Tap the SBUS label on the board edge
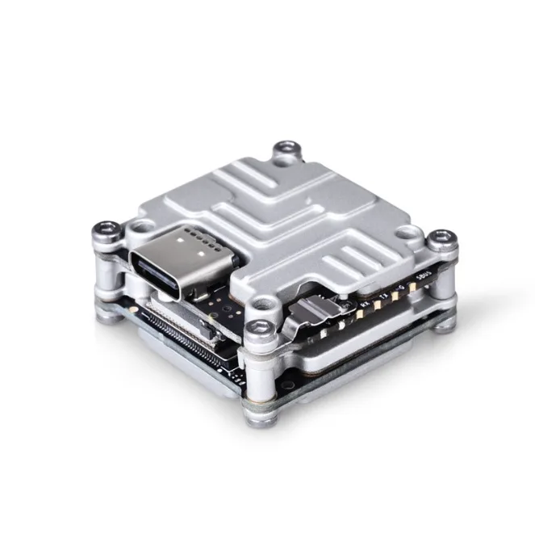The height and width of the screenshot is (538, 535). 416,284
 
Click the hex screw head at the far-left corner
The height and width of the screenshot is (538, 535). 106,229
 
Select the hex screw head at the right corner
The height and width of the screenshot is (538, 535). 441,237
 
